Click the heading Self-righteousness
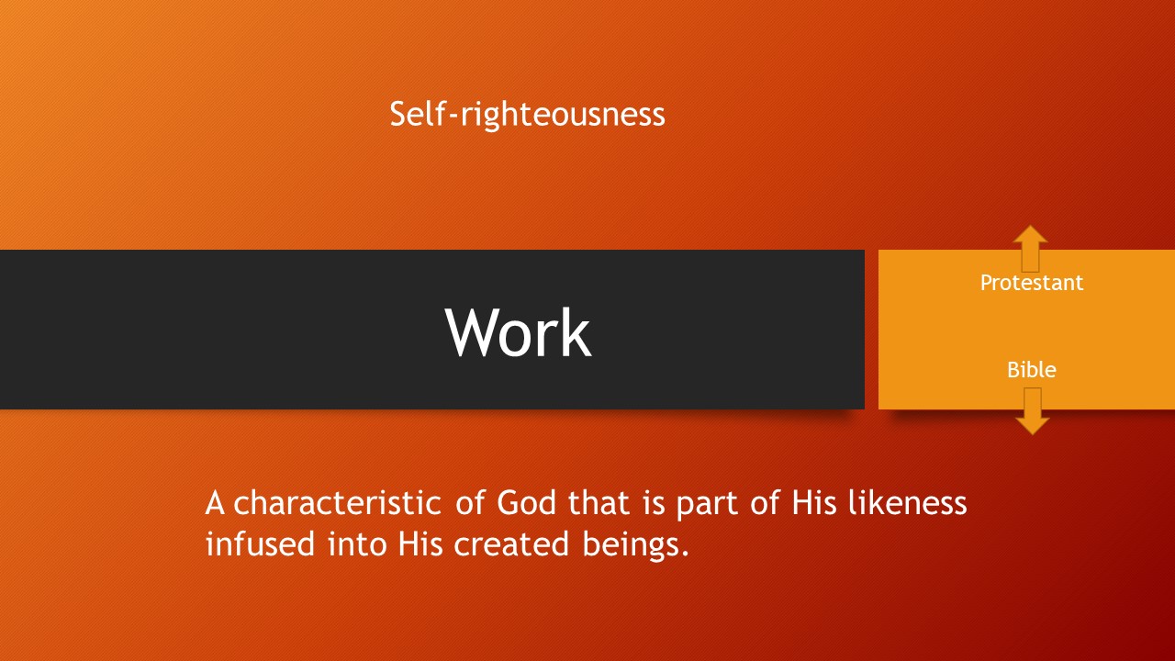pos(527,115)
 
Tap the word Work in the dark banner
pos(519,332)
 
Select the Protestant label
pos(1031,283)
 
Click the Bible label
pos(1031,370)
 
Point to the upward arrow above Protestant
pos(1031,249)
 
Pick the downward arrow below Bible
pos(1033,411)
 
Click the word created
pos(511,543)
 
